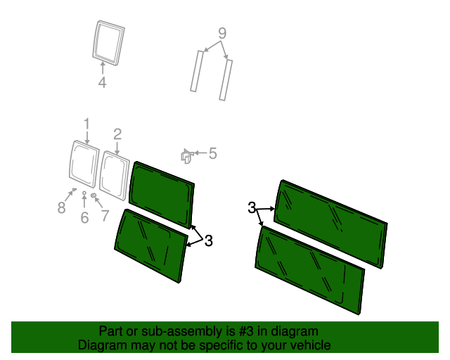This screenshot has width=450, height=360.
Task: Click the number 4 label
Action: (102, 83)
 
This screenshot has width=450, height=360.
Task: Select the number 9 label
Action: (221, 33)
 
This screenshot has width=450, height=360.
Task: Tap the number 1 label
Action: (86, 124)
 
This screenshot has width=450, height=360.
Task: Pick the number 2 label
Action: (117, 134)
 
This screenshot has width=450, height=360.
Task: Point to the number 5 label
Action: (212, 153)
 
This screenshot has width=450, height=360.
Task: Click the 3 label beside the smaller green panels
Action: (208, 241)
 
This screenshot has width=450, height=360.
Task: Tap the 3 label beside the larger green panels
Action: (252, 207)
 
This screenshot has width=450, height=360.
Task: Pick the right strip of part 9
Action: (226, 79)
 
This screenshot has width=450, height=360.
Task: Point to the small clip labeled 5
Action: (186, 157)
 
